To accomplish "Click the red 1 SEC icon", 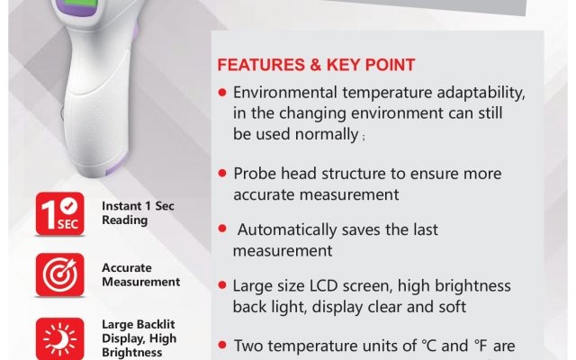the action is pos(60,213).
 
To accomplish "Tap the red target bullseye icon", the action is pos(60,274).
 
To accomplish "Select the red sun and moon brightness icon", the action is pos(60,338).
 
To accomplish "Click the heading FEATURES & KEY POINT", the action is pos(316,65).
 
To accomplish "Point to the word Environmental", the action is pos(285,92).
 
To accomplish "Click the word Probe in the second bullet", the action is pos(255,174).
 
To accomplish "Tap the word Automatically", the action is pos(287,230).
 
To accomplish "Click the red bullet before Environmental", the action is pos(222,92).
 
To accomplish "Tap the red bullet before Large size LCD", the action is pos(222,285).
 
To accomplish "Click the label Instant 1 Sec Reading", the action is pos(138,212).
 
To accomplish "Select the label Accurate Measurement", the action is pos(140,274).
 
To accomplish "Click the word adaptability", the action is pos(481,93).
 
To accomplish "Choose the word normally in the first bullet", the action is pos(327,134).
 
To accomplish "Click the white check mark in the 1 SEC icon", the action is pos(68,206).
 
